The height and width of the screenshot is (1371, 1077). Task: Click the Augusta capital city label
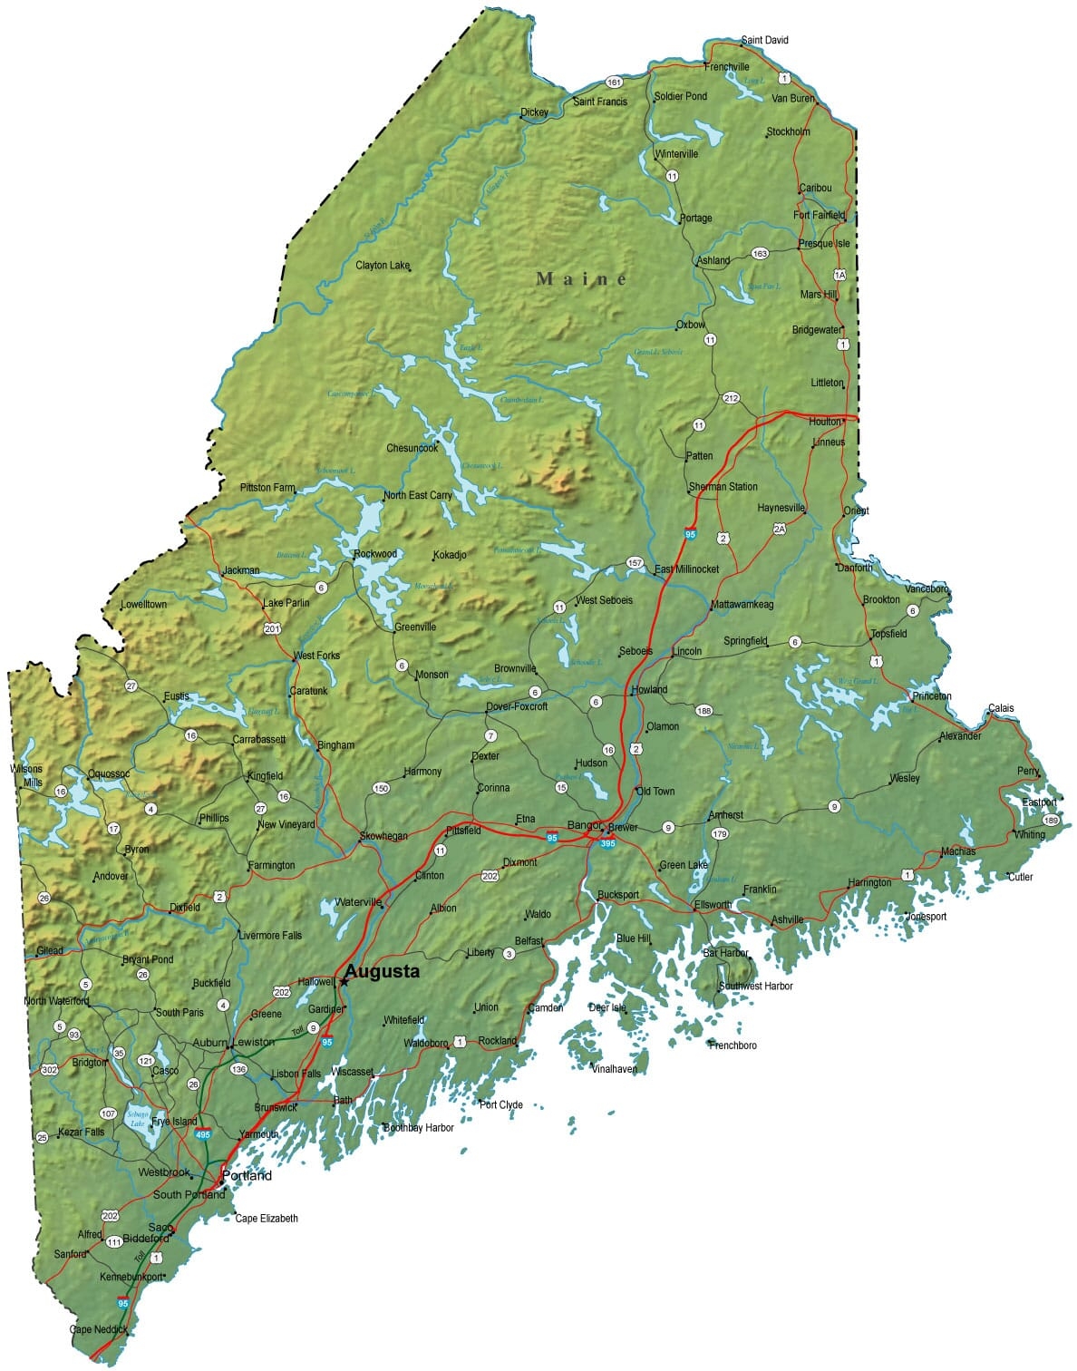[x=382, y=972]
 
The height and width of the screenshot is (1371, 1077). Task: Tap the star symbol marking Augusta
[x=344, y=982]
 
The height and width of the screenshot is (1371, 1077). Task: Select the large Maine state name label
[x=581, y=278]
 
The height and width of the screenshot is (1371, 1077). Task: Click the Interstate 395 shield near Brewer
[x=607, y=843]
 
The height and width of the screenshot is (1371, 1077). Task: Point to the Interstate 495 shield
[x=203, y=1134]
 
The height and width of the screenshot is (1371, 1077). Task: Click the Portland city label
[x=247, y=1176]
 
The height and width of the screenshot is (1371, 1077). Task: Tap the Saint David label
[x=764, y=40]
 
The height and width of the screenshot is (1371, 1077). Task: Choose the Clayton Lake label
[x=383, y=266]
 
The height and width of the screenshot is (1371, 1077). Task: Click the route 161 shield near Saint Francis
[x=615, y=82]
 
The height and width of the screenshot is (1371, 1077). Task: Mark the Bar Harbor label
[x=725, y=953]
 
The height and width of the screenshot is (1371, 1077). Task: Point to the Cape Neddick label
[x=99, y=1330]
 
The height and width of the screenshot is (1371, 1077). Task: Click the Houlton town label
[x=825, y=422]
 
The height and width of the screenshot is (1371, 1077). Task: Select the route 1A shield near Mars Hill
[x=839, y=275]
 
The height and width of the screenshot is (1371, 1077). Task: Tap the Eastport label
[x=1039, y=802]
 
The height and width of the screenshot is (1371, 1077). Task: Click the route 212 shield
[x=731, y=398]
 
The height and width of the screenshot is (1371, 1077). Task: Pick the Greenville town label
[x=415, y=627]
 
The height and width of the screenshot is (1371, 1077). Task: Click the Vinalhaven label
[x=614, y=1069]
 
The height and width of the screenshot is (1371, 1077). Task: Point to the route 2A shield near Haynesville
[x=779, y=529]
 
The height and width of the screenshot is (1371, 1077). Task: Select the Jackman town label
[x=241, y=570]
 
